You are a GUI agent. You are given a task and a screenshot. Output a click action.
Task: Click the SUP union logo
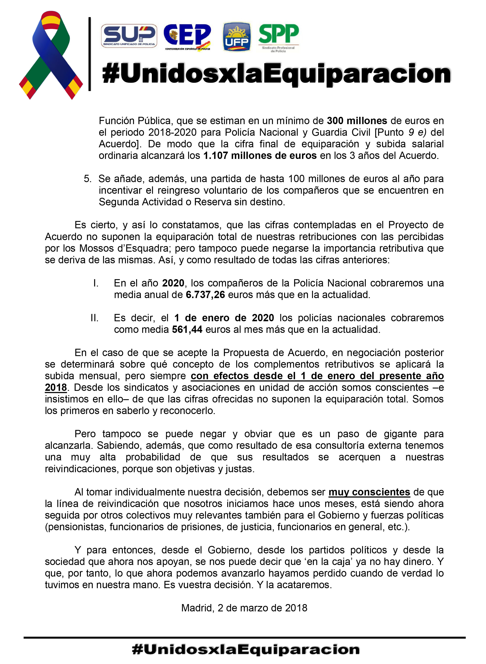(x=129, y=36)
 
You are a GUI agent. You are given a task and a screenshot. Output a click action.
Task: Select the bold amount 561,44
(x=187, y=329)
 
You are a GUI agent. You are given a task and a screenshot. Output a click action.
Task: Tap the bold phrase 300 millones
(x=357, y=121)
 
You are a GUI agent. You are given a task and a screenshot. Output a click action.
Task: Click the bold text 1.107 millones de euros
(x=260, y=156)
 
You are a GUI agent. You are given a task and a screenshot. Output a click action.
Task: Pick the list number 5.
(x=87, y=179)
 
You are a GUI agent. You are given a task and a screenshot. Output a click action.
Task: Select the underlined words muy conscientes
(x=369, y=492)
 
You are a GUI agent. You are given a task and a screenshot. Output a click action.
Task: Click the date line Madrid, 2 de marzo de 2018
(x=244, y=608)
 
